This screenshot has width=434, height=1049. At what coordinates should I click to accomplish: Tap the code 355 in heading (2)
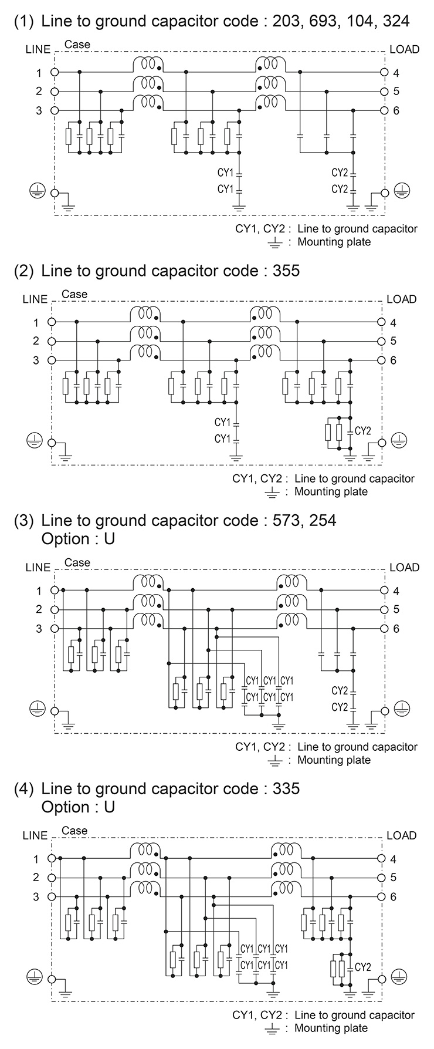286,271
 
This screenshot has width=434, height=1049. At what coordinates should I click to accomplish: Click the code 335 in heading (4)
286,788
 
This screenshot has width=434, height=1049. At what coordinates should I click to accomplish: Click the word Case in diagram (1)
77,45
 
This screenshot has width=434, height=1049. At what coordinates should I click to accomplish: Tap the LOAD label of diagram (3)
404,567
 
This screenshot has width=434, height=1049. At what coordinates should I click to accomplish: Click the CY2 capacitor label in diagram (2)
363,431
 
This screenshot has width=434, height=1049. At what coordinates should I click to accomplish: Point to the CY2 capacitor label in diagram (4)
363,967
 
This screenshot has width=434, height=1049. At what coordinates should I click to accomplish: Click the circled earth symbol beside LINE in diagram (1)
36,190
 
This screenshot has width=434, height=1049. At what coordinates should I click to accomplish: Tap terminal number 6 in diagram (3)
396,629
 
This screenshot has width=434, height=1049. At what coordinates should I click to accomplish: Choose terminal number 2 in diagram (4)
36,878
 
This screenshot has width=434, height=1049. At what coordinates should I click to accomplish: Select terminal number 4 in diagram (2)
394,323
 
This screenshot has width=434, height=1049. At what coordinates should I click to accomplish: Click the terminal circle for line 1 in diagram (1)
55,73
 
